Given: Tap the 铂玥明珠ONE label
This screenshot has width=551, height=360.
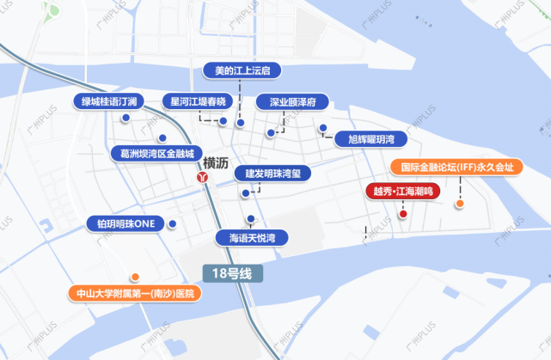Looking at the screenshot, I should [126, 224].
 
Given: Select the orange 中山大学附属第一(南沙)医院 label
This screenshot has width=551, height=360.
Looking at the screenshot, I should [136, 293].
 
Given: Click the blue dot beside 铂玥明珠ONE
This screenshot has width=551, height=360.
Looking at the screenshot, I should [173, 224].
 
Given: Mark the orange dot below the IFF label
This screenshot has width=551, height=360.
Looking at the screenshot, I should [461, 204].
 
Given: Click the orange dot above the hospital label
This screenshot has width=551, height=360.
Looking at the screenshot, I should [135, 277].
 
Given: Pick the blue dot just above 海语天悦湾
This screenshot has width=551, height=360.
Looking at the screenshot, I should [250, 218].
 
